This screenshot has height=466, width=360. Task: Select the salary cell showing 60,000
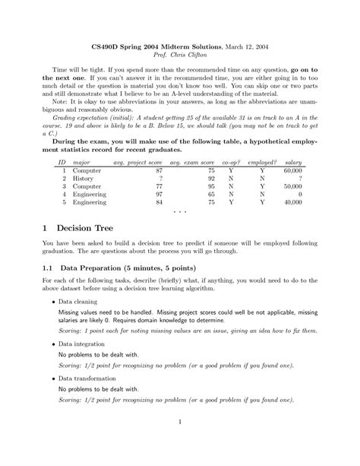tap(291, 173)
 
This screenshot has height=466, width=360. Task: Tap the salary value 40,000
tap(291, 203)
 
